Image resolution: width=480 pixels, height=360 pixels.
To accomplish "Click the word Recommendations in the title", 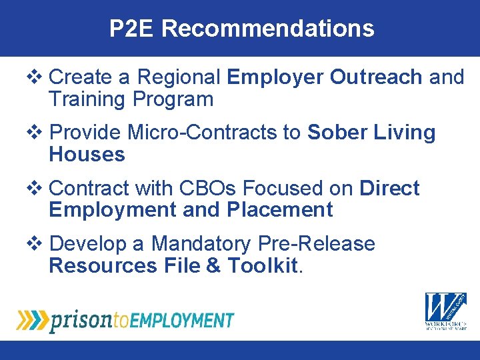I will point(267,29).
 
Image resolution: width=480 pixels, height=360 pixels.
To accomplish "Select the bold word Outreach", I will point(376,77).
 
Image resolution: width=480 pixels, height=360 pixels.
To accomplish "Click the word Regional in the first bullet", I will point(179,77).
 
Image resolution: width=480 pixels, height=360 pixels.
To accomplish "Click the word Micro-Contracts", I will point(205,133).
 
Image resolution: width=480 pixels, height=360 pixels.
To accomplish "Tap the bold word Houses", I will point(87,155).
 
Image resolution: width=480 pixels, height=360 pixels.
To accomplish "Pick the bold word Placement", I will point(279,210).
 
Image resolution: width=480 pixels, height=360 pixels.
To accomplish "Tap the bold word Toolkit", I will point(262,265).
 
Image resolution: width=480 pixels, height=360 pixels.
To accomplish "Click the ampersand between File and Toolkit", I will point(213,265).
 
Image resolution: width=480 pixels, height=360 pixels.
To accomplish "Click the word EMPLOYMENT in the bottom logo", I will point(182,320).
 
